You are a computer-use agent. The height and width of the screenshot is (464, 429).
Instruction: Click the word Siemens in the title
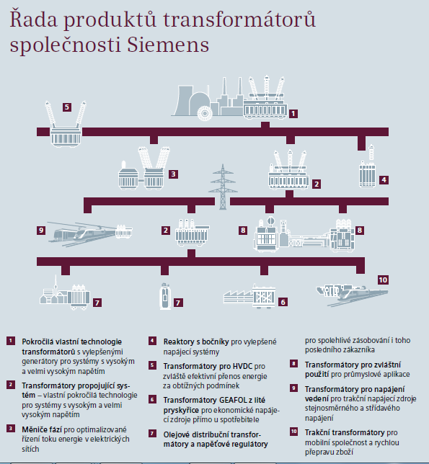coord(168,45)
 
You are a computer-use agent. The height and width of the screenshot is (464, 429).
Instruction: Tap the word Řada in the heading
coord(33,19)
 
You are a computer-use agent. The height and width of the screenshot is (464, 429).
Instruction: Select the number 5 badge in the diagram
coord(67,107)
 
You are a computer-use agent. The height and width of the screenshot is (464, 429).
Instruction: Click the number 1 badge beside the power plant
coord(293,114)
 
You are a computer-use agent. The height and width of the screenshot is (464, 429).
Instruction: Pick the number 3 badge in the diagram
coord(174,174)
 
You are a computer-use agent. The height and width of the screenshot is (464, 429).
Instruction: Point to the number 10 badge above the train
coord(383,280)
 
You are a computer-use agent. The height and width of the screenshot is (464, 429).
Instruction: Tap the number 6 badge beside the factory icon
coord(283,302)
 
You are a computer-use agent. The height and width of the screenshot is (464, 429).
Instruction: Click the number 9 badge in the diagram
coord(41,231)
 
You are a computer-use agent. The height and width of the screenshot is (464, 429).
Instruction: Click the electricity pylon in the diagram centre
coord(223,187)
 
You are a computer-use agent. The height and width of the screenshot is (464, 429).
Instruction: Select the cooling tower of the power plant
coord(183,101)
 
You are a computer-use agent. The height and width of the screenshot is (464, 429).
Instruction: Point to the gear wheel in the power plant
coord(205,113)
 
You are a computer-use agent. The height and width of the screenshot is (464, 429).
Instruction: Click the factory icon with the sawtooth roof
coord(238,297)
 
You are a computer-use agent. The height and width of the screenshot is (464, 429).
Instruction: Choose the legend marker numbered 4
coord(152,341)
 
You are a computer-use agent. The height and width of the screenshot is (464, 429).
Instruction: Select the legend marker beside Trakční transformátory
coord(293,432)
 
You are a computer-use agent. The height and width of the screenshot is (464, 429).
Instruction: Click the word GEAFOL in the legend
coord(233,401)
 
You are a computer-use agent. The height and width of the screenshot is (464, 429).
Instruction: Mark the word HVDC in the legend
coord(242,366)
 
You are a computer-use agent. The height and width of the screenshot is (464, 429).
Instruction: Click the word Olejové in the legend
coord(177,434)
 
